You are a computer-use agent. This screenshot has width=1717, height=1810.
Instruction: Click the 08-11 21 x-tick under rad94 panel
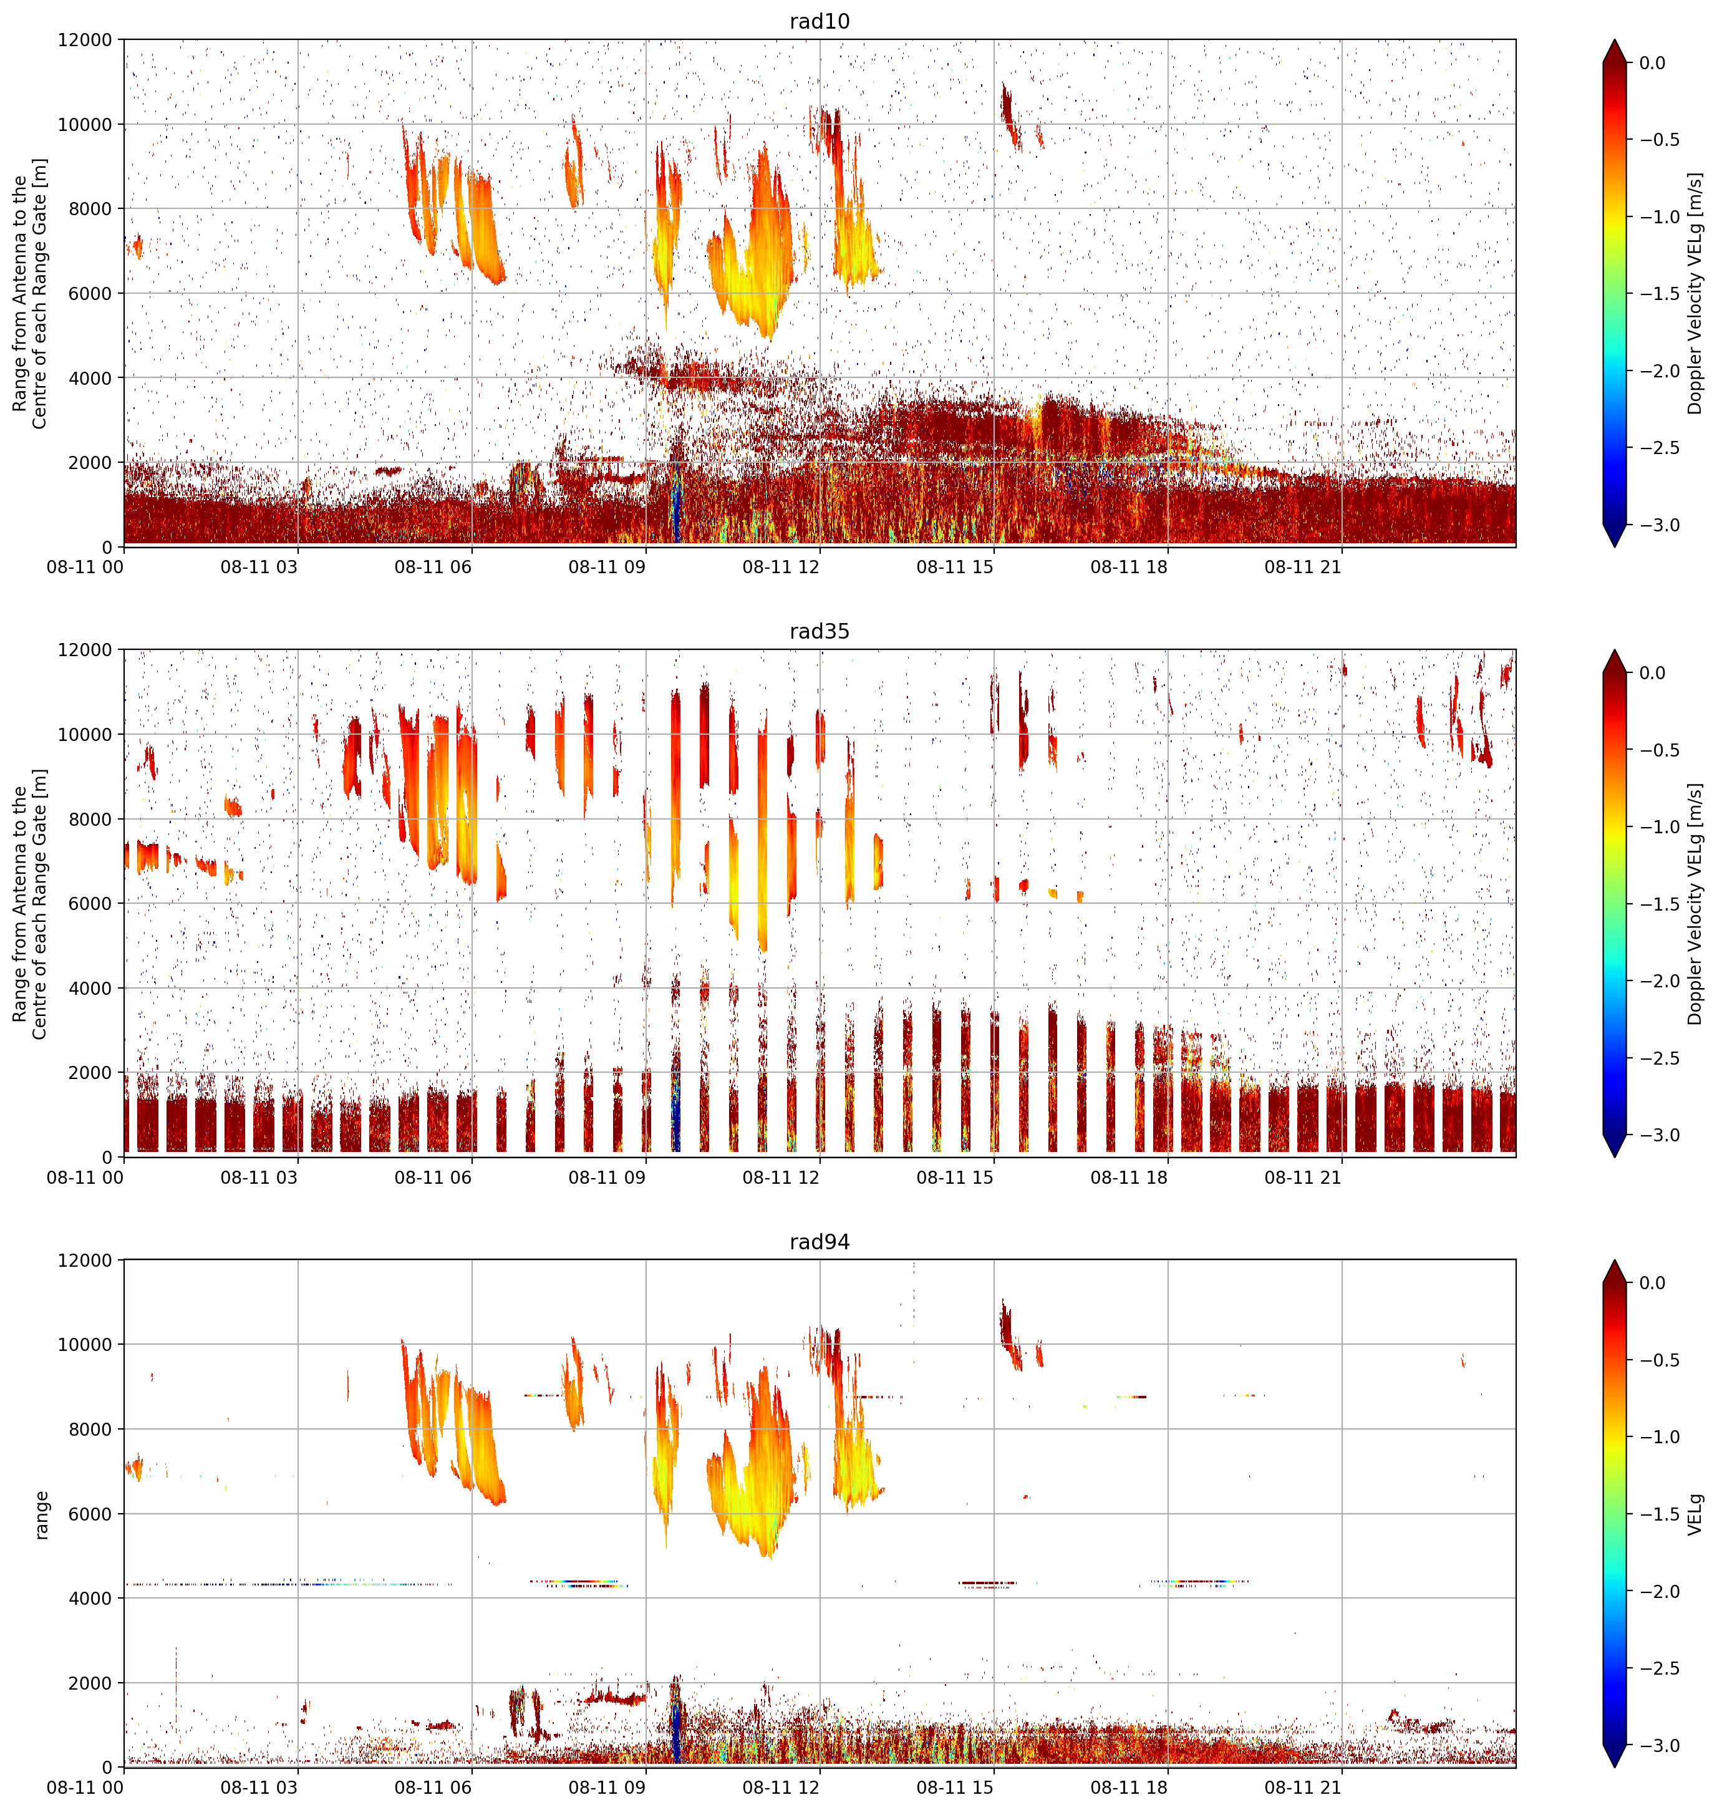click(x=1302, y=1787)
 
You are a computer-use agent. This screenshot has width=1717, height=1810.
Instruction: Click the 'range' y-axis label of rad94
click(x=41, y=1514)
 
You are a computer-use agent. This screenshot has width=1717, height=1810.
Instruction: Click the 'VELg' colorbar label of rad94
click(x=1696, y=1514)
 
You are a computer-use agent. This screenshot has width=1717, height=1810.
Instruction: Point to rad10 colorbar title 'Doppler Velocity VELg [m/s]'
click(x=1696, y=294)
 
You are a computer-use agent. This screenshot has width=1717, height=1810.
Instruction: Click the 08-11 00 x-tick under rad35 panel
click(x=85, y=1177)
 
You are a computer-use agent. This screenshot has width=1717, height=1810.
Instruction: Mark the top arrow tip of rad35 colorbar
click(x=1615, y=651)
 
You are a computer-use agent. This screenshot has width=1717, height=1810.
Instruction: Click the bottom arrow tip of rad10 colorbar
click(x=1615, y=546)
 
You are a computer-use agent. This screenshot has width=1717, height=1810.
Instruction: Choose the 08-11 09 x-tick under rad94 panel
click(x=607, y=1787)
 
